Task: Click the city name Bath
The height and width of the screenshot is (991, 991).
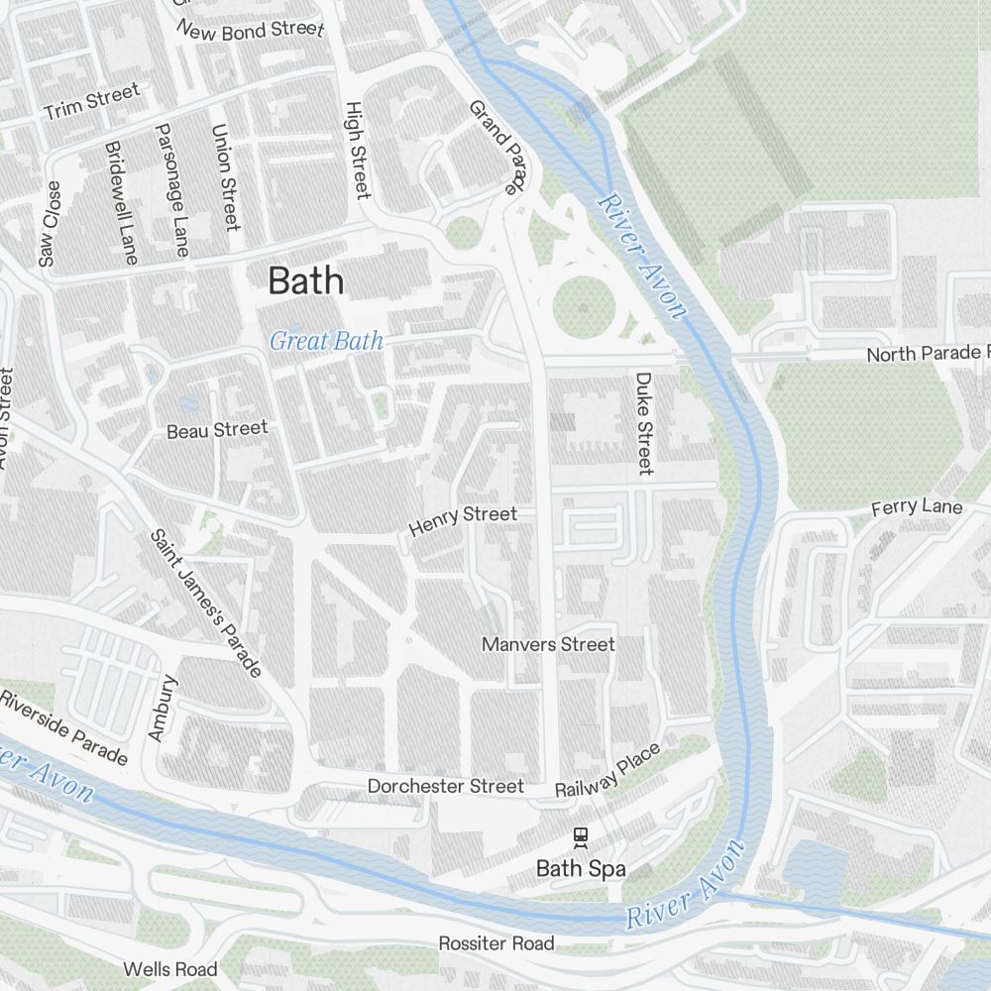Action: [x=306, y=281]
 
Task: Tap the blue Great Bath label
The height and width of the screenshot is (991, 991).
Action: [x=326, y=342]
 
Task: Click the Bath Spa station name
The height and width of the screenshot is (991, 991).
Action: [x=581, y=869]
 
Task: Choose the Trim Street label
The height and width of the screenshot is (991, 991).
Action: [x=91, y=102]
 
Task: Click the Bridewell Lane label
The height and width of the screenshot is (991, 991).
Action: [x=120, y=202]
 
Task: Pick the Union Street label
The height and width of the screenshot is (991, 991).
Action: [x=227, y=177]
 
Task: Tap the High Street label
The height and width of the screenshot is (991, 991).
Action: [x=356, y=150]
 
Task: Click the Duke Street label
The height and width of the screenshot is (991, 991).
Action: [x=644, y=423]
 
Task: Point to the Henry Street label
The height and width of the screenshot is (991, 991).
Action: [x=463, y=521]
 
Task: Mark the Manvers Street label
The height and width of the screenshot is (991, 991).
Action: [x=548, y=644]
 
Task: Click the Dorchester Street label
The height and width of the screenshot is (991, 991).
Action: [x=445, y=786]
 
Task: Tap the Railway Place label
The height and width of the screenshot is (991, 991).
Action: [x=607, y=771]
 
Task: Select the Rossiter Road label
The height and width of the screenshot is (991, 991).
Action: [x=496, y=943]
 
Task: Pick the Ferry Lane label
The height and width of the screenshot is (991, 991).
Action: [x=916, y=508]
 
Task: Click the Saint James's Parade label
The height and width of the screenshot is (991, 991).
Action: [x=205, y=604]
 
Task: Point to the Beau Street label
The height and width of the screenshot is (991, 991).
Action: [x=216, y=429]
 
